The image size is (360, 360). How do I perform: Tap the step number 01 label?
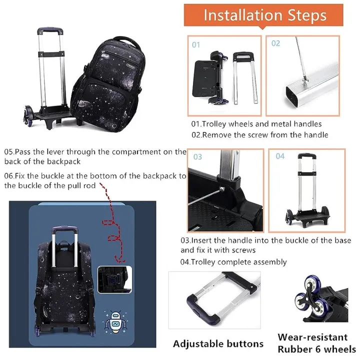pyautogui.click(x=196, y=45)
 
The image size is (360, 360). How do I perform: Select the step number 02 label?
pyautogui.click(x=276, y=43)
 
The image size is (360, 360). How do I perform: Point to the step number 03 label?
pyautogui.click(x=197, y=156)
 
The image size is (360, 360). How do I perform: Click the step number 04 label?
pyautogui.click(x=280, y=156)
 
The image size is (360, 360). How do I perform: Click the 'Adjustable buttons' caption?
pyautogui.click(x=218, y=343)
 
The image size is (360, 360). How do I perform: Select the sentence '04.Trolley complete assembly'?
pyautogui.click(x=233, y=262)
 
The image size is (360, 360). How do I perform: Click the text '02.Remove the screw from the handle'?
pyautogui.click(x=259, y=134)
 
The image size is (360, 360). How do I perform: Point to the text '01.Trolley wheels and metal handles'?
pyautogui.click(x=256, y=123)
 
